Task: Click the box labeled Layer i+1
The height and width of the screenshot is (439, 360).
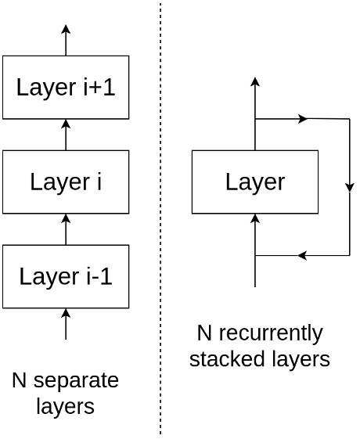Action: [x=66, y=87]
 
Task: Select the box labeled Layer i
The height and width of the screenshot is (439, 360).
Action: [x=66, y=182]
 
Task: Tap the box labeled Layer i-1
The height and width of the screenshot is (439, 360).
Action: [x=66, y=276]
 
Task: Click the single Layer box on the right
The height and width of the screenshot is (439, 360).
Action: [x=255, y=182]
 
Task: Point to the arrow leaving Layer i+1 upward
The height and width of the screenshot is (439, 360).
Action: [x=66, y=39]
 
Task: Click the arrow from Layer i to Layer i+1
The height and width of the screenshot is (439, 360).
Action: [x=66, y=134]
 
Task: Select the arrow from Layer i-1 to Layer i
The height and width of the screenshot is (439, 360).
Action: [x=66, y=228]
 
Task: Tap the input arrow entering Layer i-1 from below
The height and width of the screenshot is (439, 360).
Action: [x=66, y=323]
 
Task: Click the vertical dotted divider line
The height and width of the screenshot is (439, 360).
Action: [x=160, y=219]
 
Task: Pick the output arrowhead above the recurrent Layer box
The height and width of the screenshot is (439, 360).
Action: [x=255, y=81]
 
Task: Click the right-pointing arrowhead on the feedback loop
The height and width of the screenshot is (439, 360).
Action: [x=303, y=119]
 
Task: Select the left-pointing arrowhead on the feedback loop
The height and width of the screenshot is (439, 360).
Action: [x=302, y=255]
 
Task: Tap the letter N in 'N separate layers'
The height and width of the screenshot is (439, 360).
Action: [x=20, y=381]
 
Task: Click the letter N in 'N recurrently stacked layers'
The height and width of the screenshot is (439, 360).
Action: [x=204, y=333]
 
